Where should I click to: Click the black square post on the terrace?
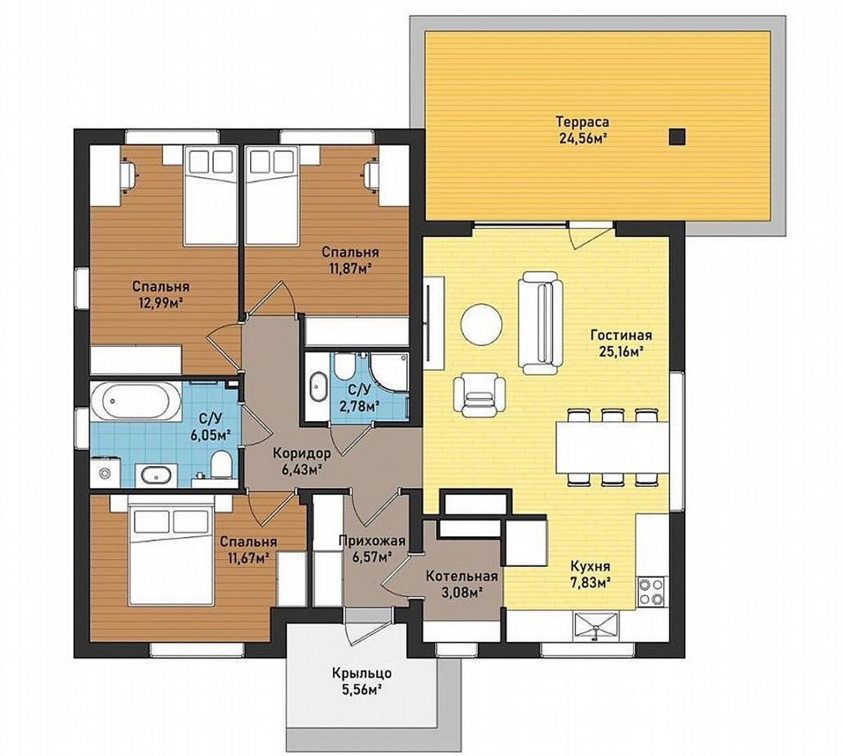[678, 137]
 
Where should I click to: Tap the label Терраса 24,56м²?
[583, 130]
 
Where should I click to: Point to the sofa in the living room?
[540, 322]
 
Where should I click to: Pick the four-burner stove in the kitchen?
[652, 591]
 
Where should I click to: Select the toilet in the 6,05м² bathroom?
[221, 464]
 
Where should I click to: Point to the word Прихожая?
[371, 541]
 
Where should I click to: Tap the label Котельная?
[462, 576]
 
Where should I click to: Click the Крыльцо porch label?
[362, 673]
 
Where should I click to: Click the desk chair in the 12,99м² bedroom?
[128, 174]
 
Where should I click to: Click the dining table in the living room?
[612, 447]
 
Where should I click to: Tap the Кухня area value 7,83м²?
[591, 581]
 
